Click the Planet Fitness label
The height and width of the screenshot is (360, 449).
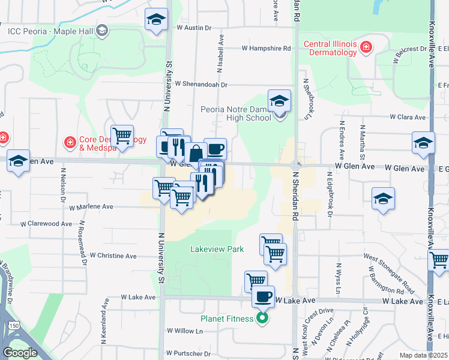[227, 319]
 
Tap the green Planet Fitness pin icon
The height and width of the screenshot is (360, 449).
[262, 319]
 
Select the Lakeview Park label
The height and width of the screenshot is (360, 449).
[216, 248]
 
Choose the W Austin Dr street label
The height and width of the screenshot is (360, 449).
[194, 28]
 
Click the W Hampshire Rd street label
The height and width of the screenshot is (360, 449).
[267, 48]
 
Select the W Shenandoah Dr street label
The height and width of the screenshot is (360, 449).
[201, 85]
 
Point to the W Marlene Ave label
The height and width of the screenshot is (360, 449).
[91, 207]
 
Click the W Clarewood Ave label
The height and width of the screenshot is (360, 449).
[46, 224]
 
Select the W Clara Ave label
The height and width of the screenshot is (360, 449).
[407, 117]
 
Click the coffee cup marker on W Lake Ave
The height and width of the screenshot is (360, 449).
[262, 296]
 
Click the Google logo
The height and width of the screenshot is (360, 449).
[20, 353]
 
